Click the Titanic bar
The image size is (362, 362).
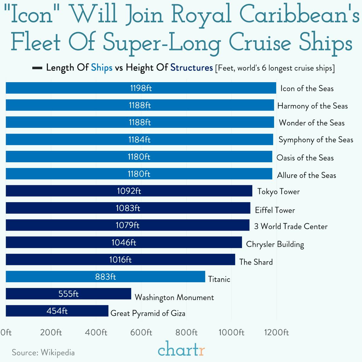tap(105, 276)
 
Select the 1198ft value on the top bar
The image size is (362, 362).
tap(141, 88)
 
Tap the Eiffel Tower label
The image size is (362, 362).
tap(275, 210)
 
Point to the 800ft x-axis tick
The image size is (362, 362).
tap(186, 332)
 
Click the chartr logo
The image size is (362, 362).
tap(181, 349)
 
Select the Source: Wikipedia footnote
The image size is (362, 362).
tap(43, 352)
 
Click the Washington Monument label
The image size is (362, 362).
tap(174, 297)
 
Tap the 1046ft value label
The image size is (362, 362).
tap(124, 242)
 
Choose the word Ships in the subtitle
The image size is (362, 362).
tap(102, 67)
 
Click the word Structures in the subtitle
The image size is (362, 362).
tap(191, 67)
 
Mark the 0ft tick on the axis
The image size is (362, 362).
tap(6, 332)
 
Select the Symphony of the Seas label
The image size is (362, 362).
tap(315, 140)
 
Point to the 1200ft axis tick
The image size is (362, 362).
tap(276, 332)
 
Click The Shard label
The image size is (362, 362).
tap(256, 262)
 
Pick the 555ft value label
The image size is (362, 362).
tap(69, 294)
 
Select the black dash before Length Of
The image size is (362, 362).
tap(37, 68)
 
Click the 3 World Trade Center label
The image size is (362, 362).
tap(291, 226)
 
